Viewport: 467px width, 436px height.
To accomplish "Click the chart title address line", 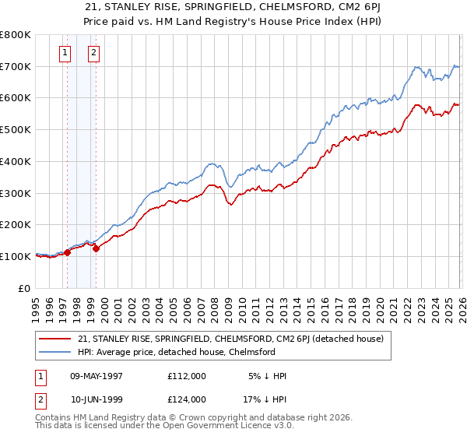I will pyautogui.click(x=233, y=7).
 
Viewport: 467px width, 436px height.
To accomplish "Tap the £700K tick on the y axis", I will pyautogui.click(x=16, y=66).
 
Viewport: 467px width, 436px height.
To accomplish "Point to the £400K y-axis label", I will pyautogui.click(x=16, y=161).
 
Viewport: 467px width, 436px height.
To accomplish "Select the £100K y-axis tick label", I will pyautogui.click(x=16, y=256).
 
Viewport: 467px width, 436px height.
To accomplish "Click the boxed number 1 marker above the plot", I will pyautogui.click(x=65, y=53).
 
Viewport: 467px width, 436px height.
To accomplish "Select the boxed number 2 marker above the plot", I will pyautogui.click(x=93, y=53).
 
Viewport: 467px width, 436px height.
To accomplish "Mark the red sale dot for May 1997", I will pyautogui.click(x=68, y=252).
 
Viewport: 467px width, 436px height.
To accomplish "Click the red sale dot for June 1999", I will pyautogui.click(x=97, y=248).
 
